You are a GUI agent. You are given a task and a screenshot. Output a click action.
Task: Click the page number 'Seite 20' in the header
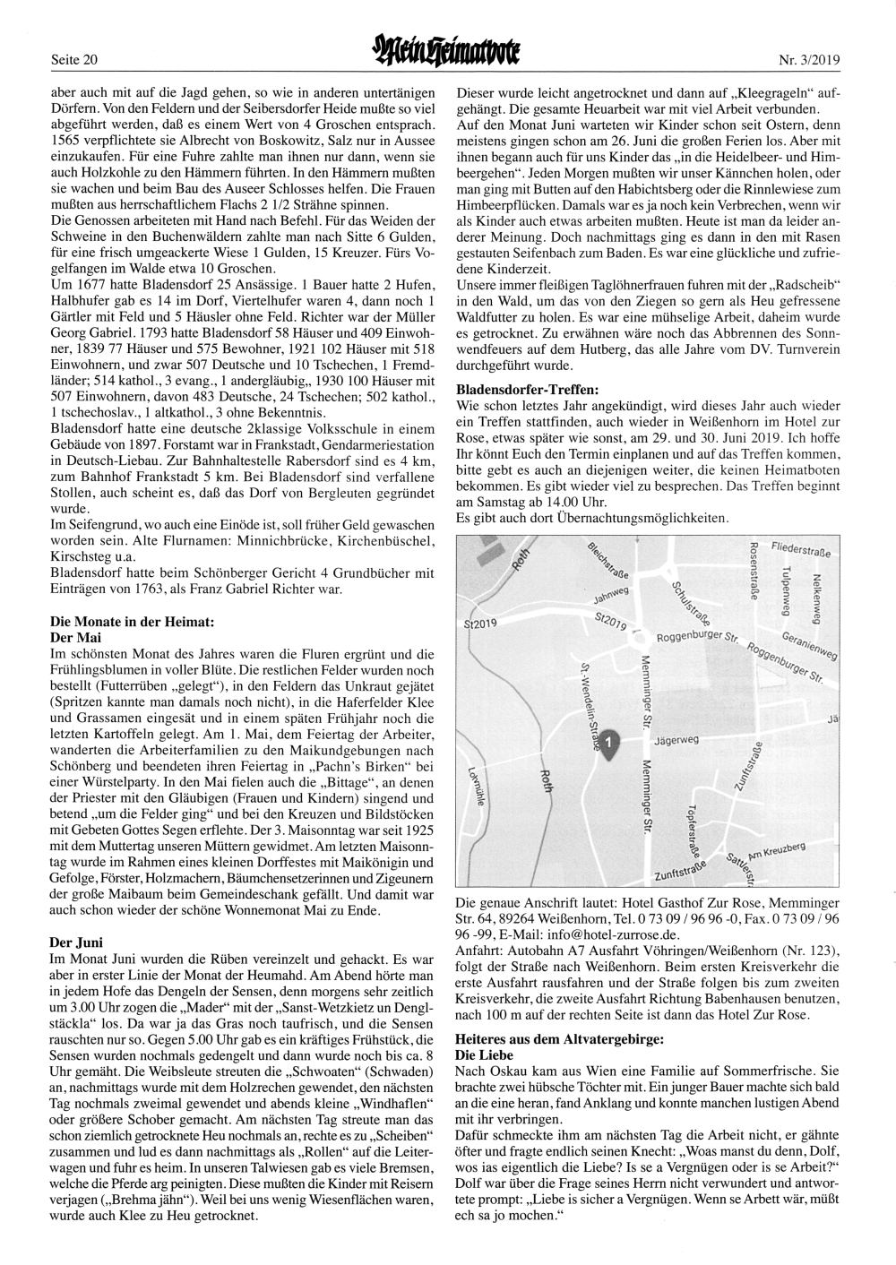coord(74,60)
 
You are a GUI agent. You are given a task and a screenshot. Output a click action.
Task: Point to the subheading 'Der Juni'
coord(76,942)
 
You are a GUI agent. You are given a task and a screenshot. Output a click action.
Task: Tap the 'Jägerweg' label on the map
coord(676,740)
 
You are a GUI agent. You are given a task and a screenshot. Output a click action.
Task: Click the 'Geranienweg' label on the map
coord(809,649)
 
